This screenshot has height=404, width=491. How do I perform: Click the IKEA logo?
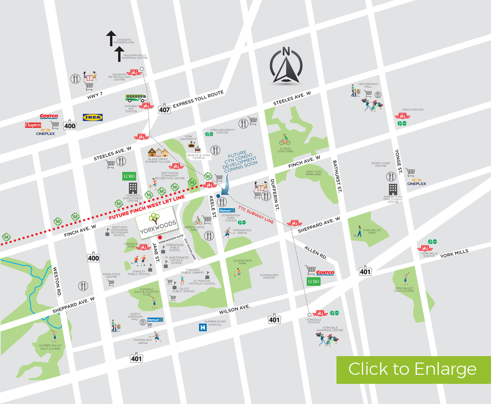coord(92,117)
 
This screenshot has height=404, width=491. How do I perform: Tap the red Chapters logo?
coord(33,125)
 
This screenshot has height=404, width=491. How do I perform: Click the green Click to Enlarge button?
coord(413,369)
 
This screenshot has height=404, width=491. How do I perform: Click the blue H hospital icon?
coord(203,327)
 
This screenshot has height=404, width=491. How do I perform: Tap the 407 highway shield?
coord(164,109)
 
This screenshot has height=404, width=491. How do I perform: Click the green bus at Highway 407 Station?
coord(136,98)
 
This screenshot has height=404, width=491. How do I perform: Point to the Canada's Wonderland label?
coord(124,41)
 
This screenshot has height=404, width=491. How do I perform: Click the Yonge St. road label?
coord(398,162)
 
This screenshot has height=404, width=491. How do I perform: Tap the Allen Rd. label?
coord(316,252)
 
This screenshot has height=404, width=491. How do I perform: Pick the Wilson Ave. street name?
coord(234,309)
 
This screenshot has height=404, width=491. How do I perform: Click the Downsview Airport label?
coord(269,276)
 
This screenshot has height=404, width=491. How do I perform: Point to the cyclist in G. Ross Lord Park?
coord(284,140)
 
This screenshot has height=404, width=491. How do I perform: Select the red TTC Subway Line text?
coord(256,215)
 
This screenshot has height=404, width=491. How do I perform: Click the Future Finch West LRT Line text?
coord(147,208)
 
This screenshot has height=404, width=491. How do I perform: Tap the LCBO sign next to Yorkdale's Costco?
coord(313,282)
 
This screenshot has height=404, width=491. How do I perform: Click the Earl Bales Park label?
coord(372,231)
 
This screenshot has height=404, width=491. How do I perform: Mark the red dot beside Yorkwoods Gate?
coord(160,238)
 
